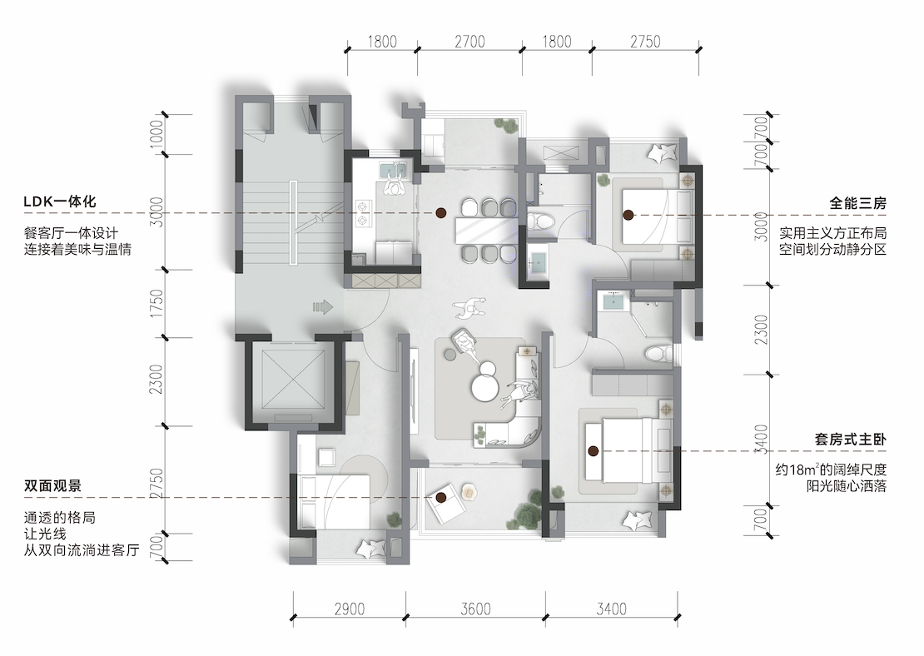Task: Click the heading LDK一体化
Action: click(59, 201)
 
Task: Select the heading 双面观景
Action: click(52, 486)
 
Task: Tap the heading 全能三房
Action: click(858, 203)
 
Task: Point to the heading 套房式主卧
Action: click(851, 439)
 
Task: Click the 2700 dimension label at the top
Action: click(469, 42)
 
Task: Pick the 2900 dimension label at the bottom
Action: click(350, 609)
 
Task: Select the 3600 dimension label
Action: click(475, 609)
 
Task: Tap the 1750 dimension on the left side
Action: click(156, 304)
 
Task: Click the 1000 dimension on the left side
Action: click(156, 135)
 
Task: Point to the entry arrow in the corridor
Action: click(323, 306)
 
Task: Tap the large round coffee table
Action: click(486, 389)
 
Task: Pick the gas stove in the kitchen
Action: click(362, 213)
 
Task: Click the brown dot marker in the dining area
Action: click(440, 213)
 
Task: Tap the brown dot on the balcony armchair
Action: click(440, 498)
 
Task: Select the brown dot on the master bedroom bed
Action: click(593, 451)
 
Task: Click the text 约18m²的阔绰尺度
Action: click(831, 470)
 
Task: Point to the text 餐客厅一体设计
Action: click(72, 233)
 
